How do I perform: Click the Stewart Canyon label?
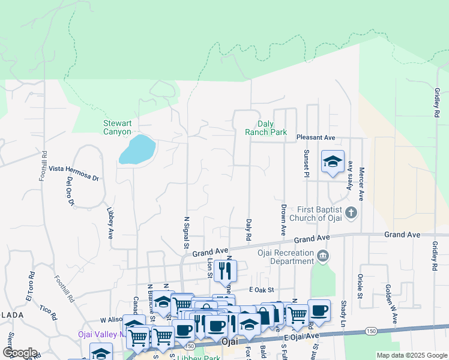117,127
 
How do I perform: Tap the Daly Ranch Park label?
267,128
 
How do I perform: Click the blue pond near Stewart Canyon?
137,149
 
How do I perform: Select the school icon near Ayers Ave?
332,161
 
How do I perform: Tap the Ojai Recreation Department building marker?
324,256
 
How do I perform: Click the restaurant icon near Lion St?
225,271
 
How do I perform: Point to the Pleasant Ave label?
316,137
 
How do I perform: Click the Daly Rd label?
248,229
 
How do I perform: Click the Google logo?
19,353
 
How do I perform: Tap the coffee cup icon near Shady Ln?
319,311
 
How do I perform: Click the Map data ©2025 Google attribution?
412,355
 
